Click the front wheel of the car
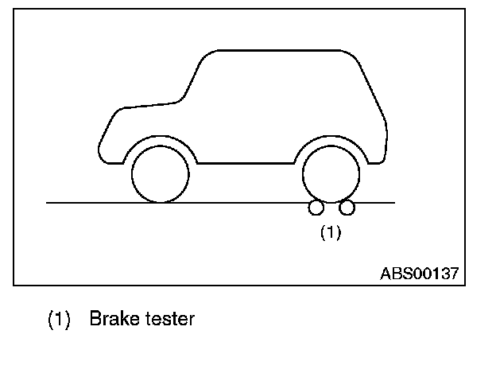click(161, 173)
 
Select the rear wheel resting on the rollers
click(331, 173)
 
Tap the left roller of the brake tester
click(316, 208)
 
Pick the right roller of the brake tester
click(347, 208)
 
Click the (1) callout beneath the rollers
click(330, 232)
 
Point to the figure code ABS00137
click(419, 273)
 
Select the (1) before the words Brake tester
click(60, 320)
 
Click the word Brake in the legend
click(114, 320)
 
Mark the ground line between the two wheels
click(246, 203)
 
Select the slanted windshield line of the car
click(192, 80)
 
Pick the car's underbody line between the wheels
click(246, 162)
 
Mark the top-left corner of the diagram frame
click(14, 9)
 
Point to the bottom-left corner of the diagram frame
click(14, 285)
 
